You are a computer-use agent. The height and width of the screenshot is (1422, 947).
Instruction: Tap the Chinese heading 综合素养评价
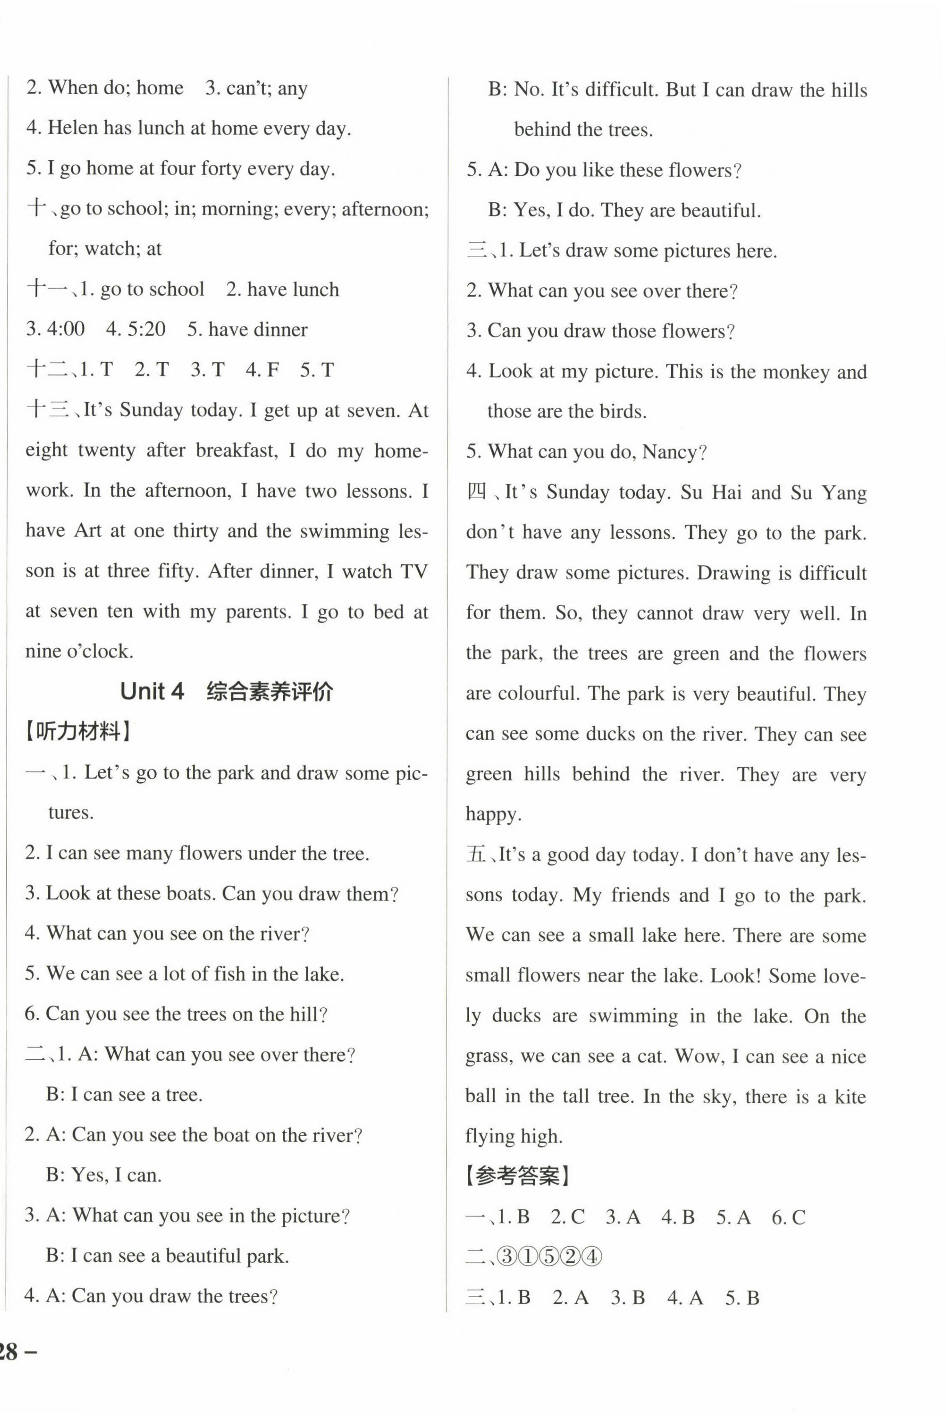click(269, 691)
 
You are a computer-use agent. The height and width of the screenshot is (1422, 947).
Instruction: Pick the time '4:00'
click(65, 329)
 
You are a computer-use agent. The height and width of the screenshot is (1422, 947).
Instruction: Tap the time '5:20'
click(144, 329)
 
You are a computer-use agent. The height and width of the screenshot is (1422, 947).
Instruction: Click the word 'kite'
click(850, 1096)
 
